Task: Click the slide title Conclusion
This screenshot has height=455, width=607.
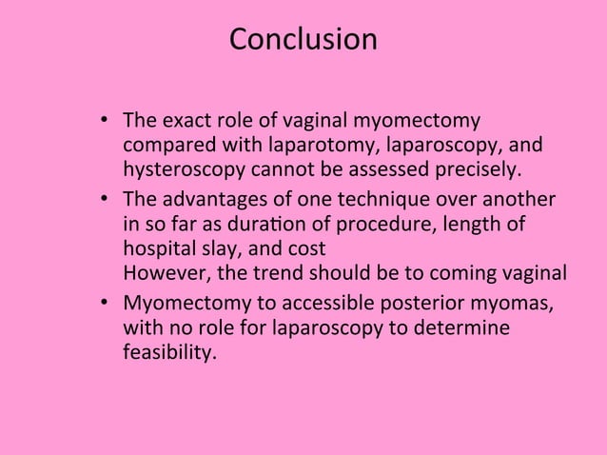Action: click(303, 40)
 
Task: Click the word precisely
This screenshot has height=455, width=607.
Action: click(478, 171)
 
